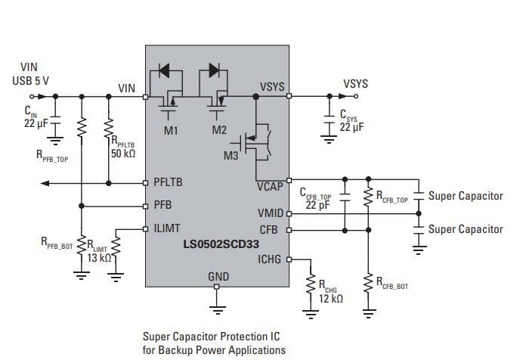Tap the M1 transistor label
click(171, 129)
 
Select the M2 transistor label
click(219, 129)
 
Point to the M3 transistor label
click(231, 156)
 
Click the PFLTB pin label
click(169, 182)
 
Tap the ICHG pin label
click(269, 259)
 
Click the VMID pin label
click(271, 214)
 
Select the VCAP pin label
click(270, 185)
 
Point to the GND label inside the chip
click(218, 277)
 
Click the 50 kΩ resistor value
click(123, 154)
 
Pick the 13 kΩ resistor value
click(98, 258)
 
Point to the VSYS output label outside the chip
click(356, 82)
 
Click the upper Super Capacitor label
click(466, 196)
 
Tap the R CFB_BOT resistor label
click(391, 285)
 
